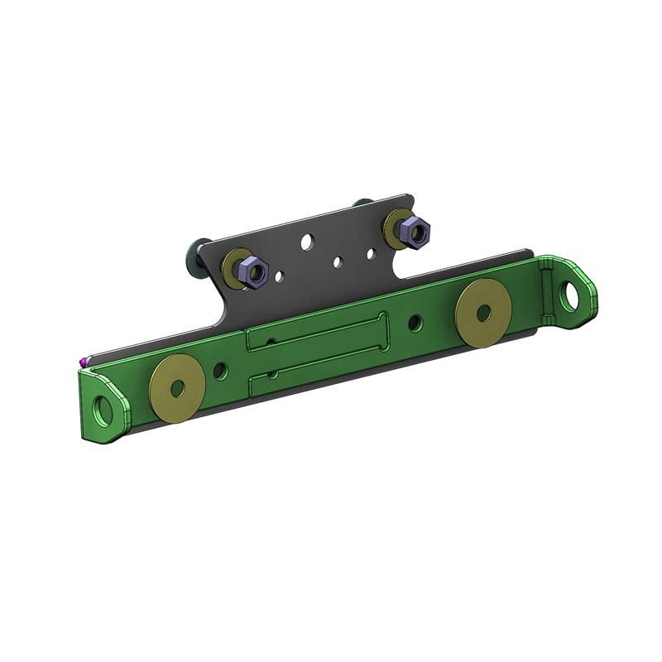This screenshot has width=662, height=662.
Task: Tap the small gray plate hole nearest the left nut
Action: click(281, 276)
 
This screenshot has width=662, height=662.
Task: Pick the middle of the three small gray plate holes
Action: click(338, 261)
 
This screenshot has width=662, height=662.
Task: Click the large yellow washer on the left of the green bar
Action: click(176, 389)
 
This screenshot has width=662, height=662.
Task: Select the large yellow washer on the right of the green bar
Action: click(483, 313)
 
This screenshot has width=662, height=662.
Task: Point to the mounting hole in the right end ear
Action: click(570, 293)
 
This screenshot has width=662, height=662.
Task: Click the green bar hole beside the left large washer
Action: click(219, 371)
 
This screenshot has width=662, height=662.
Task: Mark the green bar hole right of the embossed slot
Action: click(415, 321)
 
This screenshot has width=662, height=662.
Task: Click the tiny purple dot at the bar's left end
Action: click(83, 360)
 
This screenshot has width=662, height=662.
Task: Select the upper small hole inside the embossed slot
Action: click(271, 343)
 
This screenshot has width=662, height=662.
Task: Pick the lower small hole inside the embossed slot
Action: click(272, 374)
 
